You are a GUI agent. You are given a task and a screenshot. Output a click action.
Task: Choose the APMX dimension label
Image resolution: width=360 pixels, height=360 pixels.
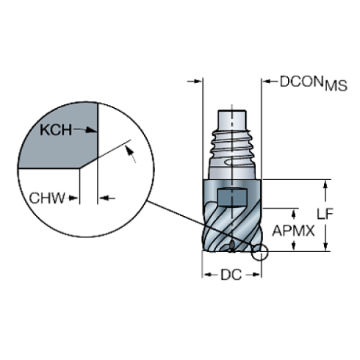coord(294,231)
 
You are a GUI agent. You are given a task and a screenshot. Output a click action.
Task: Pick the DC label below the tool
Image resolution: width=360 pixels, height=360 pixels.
coord(231,275)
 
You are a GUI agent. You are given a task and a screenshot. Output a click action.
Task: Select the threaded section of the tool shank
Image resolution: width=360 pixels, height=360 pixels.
coord(231,151)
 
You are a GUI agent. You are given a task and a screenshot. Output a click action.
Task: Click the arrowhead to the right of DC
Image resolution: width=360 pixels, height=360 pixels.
coord(257,275)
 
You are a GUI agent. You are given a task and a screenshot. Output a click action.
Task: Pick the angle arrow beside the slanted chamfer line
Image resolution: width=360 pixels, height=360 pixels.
coord(133,154)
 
